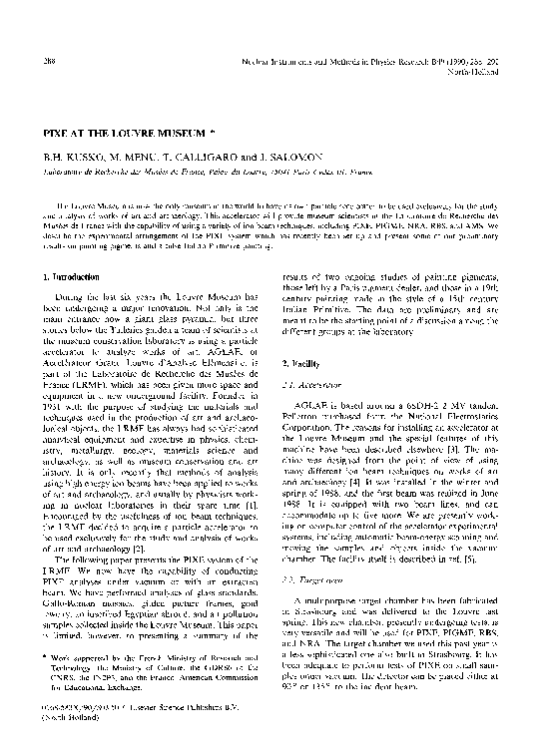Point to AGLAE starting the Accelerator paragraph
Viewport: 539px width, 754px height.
[x=312, y=406]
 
